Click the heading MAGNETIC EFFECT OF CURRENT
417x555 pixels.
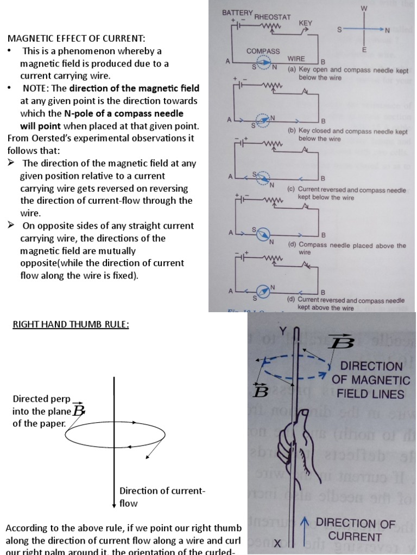tap(76, 38)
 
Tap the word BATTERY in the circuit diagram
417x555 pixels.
tap(237, 12)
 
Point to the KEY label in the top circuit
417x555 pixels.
tap(306, 24)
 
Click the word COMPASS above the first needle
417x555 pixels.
tap(263, 51)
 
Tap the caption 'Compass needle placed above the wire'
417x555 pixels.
tap(346, 248)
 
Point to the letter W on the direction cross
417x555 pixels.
tap(364, 8)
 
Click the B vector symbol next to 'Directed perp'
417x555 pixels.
tap(79, 410)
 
